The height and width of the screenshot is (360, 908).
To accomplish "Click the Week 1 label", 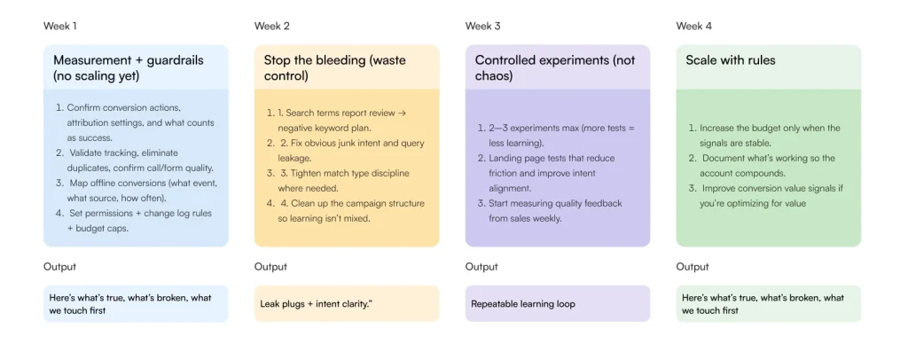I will click(x=60, y=26).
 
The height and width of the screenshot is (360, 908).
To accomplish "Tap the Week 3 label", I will click(x=482, y=26).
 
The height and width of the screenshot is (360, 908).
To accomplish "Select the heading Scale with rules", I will click(x=730, y=61).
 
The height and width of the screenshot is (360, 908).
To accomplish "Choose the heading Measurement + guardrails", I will click(x=128, y=61).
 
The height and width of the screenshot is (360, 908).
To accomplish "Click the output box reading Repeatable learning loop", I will click(x=522, y=304).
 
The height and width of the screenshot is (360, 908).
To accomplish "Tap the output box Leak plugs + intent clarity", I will click(x=316, y=304).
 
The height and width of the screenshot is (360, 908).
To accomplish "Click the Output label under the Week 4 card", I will click(x=693, y=267).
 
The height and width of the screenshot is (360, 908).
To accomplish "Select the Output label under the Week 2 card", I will click(x=270, y=267).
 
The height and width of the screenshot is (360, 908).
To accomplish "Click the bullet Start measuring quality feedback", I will click(x=555, y=210).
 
